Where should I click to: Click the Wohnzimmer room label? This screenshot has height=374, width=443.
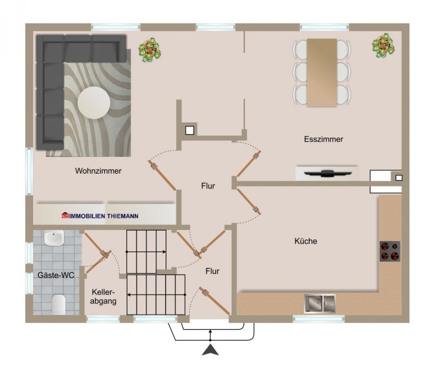point(98,171)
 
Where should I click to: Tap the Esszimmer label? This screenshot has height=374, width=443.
point(324,139)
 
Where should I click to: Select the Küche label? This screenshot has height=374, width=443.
point(306,241)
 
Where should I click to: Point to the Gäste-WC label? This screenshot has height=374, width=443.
point(56,275)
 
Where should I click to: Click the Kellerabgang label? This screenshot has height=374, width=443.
point(104,296)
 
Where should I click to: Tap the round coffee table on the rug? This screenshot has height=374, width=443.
point(94,102)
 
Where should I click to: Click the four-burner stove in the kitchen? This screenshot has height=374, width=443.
point(390,251)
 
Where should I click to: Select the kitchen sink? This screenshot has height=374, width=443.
point(320,304)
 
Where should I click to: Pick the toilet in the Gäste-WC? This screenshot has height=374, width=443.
point(59,304)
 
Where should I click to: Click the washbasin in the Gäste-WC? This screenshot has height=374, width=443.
point(53,238)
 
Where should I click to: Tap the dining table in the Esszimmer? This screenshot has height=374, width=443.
point(322,73)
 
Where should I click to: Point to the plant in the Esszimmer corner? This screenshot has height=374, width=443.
point(383,46)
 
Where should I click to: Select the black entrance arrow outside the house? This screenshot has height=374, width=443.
point(210,350)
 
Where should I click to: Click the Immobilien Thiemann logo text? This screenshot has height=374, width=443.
point(100,216)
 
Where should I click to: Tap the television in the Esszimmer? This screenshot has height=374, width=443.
point(327,173)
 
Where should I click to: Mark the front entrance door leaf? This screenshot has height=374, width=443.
point(214,301)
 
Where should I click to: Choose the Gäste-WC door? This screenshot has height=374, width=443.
point(98,262)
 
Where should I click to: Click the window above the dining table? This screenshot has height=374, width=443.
point(324,27)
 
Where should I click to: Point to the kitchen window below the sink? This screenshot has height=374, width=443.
point(319,320)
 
